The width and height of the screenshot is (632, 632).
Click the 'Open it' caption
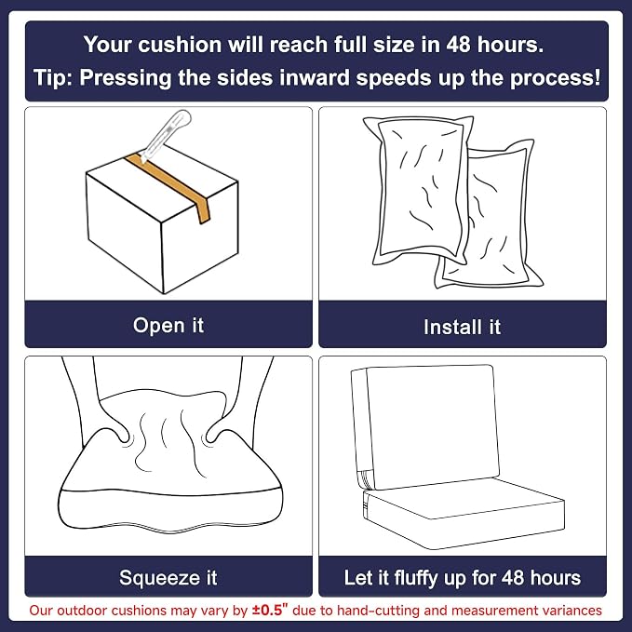point(168,325)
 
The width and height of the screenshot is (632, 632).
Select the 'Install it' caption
point(462,327)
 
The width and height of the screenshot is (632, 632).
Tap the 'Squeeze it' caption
point(168,578)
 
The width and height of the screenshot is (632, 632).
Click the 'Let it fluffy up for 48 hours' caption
point(463,578)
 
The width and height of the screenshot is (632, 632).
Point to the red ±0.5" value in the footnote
point(270,610)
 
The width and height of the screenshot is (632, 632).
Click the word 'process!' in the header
point(555,78)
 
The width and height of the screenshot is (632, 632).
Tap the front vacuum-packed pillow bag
point(418,190)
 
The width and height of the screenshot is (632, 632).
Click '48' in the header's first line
point(459,45)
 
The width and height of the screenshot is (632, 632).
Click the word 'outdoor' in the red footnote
point(82,611)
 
